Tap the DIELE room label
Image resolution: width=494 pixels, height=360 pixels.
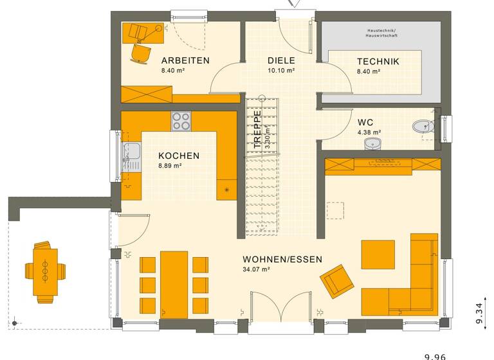click(x=281, y=61)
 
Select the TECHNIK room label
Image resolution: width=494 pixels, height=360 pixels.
click(x=378, y=62)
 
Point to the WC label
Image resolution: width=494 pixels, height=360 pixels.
click(x=365, y=122)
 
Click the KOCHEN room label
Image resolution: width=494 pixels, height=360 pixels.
click(x=179, y=156)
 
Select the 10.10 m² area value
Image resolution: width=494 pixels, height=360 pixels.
click(x=281, y=71)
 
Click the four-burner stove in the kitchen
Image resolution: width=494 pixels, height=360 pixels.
click(x=181, y=120)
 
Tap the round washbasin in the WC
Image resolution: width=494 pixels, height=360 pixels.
click(x=372, y=143)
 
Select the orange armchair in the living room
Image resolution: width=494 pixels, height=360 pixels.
click(x=337, y=282)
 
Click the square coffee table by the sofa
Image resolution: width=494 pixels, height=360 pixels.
click(x=378, y=254)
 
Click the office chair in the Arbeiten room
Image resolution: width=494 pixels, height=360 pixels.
click(x=140, y=53)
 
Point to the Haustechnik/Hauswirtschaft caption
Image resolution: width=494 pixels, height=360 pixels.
click(x=381, y=32)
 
